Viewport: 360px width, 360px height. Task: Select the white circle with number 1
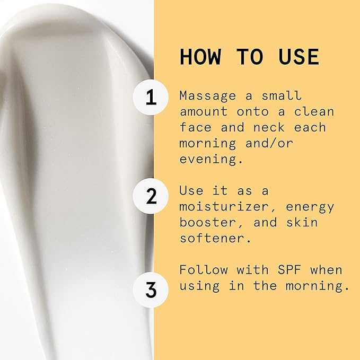(152, 97)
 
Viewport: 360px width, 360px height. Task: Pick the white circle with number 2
(152, 196)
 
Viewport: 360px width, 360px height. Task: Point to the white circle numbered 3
(152, 289)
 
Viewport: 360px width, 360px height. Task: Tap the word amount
(204, 112)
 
